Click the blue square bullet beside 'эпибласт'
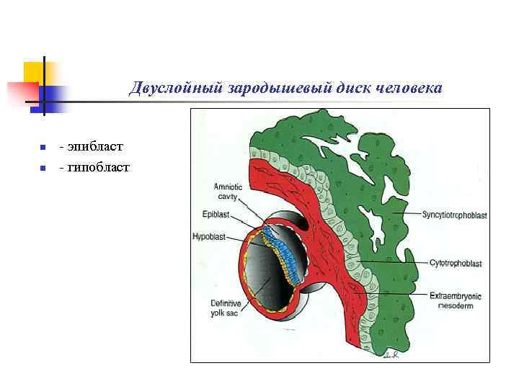43,148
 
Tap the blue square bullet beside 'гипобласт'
43,169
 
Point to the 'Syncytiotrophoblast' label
455,215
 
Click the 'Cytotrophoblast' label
455,264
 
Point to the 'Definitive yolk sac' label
224,307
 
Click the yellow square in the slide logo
34,72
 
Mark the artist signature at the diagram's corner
391,354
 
